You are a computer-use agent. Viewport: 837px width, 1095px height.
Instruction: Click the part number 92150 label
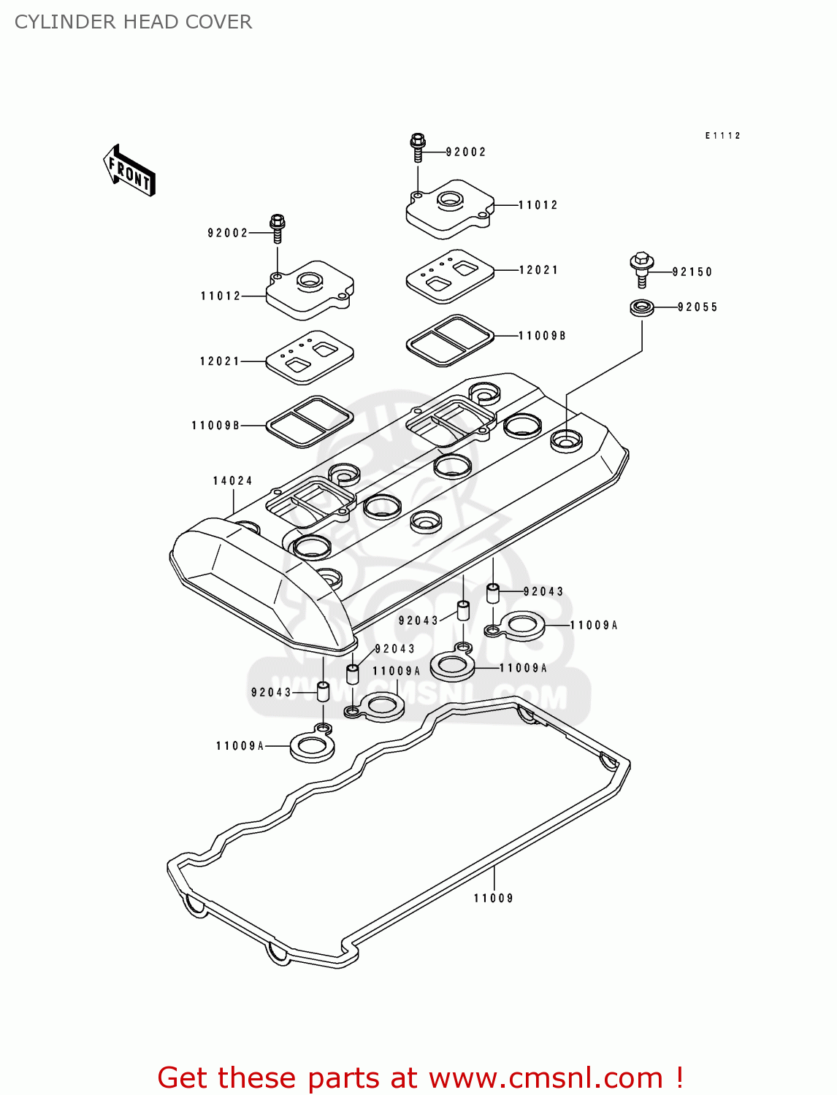[692, 272]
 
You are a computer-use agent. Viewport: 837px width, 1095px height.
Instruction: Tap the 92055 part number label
[697, 307]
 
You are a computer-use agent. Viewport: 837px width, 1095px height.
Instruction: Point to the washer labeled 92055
[641, 307]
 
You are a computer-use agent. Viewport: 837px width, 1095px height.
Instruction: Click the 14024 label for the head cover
[232, 480]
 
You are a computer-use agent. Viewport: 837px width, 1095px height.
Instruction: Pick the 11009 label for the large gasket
[493, 898]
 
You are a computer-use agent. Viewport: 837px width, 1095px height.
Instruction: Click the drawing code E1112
[722, 136]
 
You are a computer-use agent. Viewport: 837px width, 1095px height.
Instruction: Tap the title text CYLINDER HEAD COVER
[134, 22]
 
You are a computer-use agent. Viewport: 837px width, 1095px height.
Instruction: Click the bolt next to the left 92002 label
[278, 228]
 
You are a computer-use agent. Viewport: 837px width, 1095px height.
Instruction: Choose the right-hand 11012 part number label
[538, 205]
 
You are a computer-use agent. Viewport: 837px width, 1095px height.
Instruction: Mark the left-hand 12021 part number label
[220, 361]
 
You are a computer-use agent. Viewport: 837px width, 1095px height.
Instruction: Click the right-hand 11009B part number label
[542, 336]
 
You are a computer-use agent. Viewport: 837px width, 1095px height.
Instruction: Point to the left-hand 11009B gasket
[309, 421]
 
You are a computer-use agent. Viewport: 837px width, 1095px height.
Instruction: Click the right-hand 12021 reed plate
[450, 275]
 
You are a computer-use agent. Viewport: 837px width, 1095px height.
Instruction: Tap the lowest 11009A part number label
[240, 745]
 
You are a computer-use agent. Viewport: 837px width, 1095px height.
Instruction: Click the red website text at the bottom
[420, 1077]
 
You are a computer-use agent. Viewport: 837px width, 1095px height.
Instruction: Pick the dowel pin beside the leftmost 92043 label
[323, 691]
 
